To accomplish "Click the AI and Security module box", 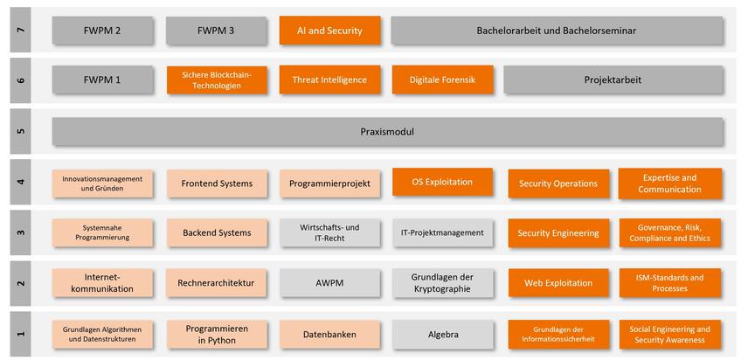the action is click(x=329, y=31).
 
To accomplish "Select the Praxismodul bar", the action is click(x=387, y=132).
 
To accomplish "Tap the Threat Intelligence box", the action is click(x=329, y=80).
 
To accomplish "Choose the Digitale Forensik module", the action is click(x=443, y=80).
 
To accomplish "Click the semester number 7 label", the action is click(x=20, y=31).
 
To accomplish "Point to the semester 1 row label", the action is click(x=20, y=334).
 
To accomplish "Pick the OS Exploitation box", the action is click(x=443, y=182).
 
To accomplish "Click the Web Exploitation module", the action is click(x=558, y=283).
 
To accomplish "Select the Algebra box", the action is click(x=443, y=335).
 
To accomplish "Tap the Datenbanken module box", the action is click(x=329, y=335).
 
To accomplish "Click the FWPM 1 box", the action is click(x=102, y=80).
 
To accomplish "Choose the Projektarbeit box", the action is click(x=613, y=80).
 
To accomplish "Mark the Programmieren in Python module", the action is click(x=217, y=335).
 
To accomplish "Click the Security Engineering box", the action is click(x=558, y=233).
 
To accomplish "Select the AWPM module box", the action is click(x=329, y=283).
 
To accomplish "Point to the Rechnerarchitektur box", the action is click(x=217, y=283).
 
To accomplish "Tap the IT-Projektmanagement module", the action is click(x=443, y=233).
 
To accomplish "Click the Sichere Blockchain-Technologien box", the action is click(x=217, y=80).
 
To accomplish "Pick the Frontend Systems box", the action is click(x=217, y=183).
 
